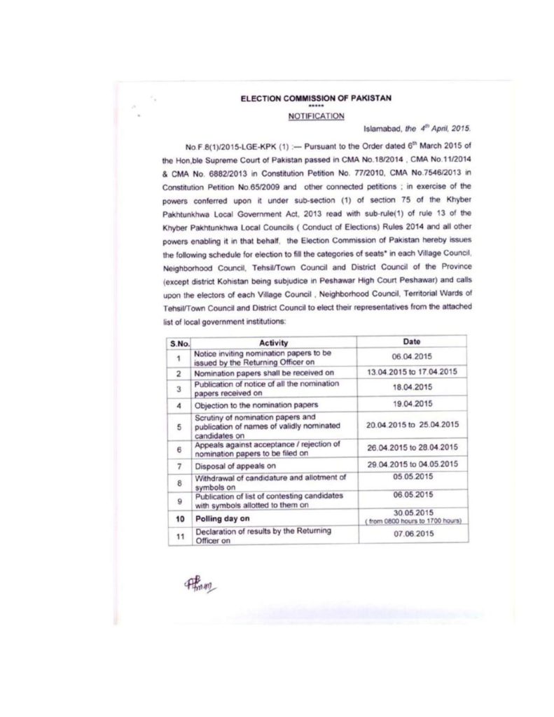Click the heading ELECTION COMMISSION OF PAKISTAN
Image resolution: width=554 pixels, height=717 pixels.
click(317, 99)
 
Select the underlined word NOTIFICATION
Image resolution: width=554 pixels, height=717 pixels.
click(317, 116)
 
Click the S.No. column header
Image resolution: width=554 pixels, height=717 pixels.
click(179, 342)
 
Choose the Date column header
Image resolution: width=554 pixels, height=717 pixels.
click(412, 342)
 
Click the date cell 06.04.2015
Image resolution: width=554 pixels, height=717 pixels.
click(412, 356)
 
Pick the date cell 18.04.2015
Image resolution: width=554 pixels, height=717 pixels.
click(412, 387)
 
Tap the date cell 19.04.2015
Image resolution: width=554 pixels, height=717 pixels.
click(412, 404)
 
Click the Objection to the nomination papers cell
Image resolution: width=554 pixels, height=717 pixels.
click(256, 405)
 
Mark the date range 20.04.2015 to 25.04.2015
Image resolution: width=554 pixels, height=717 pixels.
click(412, 425)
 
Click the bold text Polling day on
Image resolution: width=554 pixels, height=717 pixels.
click(222, 520)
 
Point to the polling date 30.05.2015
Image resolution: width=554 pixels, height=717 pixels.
click(412, 512)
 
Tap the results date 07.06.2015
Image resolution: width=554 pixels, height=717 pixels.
click(412, 535)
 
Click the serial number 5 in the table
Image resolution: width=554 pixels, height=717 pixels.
click(179, 426)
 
